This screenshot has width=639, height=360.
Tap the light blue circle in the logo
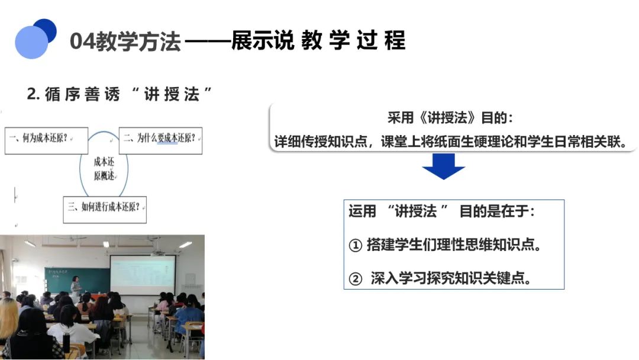(x=31, y=43)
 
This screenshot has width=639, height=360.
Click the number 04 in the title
(x=82, y=41)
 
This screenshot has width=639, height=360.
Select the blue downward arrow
(x=443, y=166)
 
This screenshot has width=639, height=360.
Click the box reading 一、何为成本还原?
(x=47, y=141)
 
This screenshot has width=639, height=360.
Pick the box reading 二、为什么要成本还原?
(x=160, y=141)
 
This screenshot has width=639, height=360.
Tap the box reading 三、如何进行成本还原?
(x=105, y=210)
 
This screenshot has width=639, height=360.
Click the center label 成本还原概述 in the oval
(x=104, y=169)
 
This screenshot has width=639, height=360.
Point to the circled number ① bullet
(x=356, y=246)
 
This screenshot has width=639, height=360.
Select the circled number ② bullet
(x=356, y=279)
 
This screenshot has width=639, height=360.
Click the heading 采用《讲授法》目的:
(x=450, y=118)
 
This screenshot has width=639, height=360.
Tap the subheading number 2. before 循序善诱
(x=33, y=94)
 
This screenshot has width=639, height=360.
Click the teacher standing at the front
(x=76, y=285)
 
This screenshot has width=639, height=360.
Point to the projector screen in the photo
(x=143, y=275)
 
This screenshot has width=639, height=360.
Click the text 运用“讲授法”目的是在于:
(x=441, y=211)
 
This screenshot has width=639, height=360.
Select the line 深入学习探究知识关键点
(x=451, y=278)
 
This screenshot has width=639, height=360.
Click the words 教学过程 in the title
(x=353, y=40)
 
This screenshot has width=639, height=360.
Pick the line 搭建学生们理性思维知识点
(x=454, y=245)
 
